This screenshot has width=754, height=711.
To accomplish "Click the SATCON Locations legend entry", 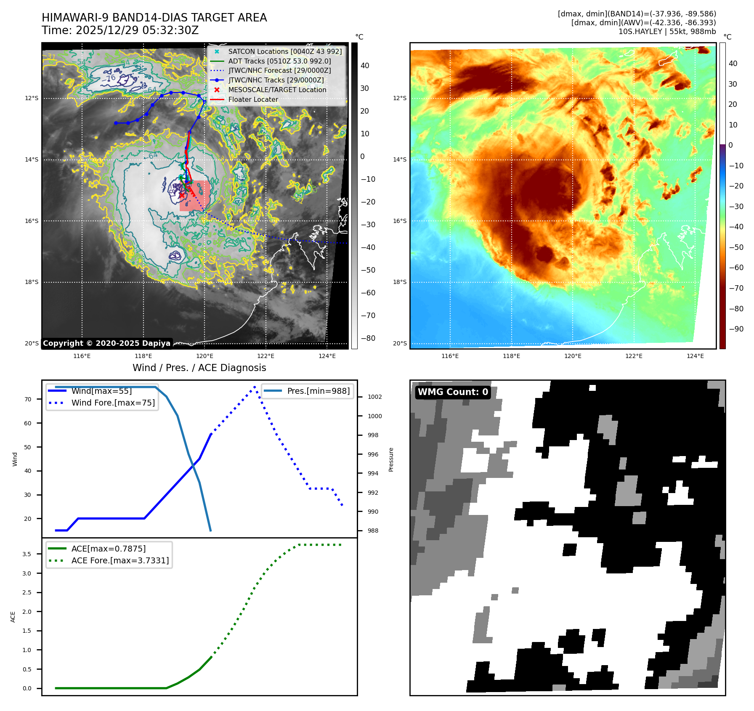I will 285,51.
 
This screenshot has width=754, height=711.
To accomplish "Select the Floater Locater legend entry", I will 253,99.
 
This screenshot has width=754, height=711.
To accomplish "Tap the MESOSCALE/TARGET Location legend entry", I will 277,90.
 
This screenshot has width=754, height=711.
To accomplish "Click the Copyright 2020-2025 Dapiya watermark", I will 106,343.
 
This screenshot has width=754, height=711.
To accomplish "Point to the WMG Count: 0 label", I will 453,392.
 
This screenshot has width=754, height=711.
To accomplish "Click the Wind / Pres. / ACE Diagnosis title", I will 199,368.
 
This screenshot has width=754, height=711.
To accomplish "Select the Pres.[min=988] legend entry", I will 318,391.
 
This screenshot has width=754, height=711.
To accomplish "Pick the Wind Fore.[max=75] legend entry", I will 113,403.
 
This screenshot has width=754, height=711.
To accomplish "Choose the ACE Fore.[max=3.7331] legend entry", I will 120,560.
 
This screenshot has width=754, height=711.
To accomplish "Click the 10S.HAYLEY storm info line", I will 667,32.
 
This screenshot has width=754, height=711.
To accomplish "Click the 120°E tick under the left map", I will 204,356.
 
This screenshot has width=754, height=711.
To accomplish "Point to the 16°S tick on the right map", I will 400,221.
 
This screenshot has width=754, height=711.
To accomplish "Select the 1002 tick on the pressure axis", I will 374,397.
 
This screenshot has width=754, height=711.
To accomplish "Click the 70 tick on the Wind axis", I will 28,399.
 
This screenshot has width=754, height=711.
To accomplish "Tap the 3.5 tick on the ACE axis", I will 27,554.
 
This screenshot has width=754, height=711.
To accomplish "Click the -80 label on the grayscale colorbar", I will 368,338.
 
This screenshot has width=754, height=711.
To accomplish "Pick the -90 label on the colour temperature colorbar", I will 736,329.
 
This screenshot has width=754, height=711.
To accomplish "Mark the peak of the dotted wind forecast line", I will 255,387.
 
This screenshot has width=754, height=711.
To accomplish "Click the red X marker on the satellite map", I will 182,195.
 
